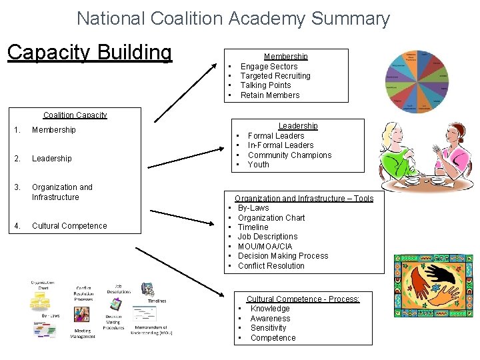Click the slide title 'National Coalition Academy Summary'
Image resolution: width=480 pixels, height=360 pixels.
233,18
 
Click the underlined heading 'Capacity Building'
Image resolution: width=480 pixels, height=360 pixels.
89,52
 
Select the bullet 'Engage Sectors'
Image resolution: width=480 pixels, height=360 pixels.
269,66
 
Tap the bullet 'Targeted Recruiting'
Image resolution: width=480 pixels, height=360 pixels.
275,76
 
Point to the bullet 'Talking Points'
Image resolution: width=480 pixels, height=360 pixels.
265,85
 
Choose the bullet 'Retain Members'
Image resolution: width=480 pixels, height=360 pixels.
270,95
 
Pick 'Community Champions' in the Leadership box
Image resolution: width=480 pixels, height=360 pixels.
289,155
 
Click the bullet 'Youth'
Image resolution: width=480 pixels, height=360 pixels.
259,165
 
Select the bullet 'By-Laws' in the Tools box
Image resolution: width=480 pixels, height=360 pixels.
253,208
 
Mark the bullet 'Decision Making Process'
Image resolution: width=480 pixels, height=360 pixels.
283,256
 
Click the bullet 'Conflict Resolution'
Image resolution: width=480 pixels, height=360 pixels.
271,266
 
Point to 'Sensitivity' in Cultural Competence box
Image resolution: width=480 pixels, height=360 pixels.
268,328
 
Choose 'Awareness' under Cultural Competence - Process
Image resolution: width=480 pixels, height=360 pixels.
270,319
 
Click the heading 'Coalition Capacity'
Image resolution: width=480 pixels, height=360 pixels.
75,115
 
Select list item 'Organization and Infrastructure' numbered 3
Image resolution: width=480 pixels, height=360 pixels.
62,192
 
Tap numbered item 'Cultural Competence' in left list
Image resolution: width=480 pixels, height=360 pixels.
69,226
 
